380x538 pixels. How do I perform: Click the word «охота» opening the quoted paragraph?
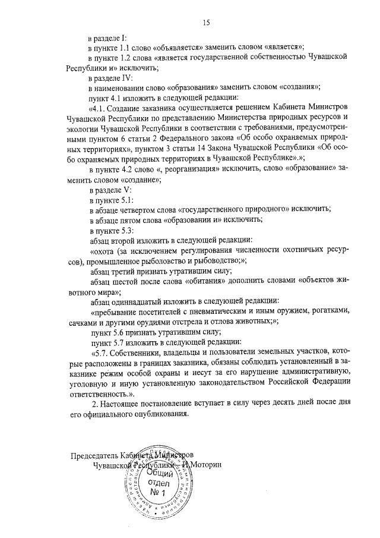(x=104, y=251)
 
